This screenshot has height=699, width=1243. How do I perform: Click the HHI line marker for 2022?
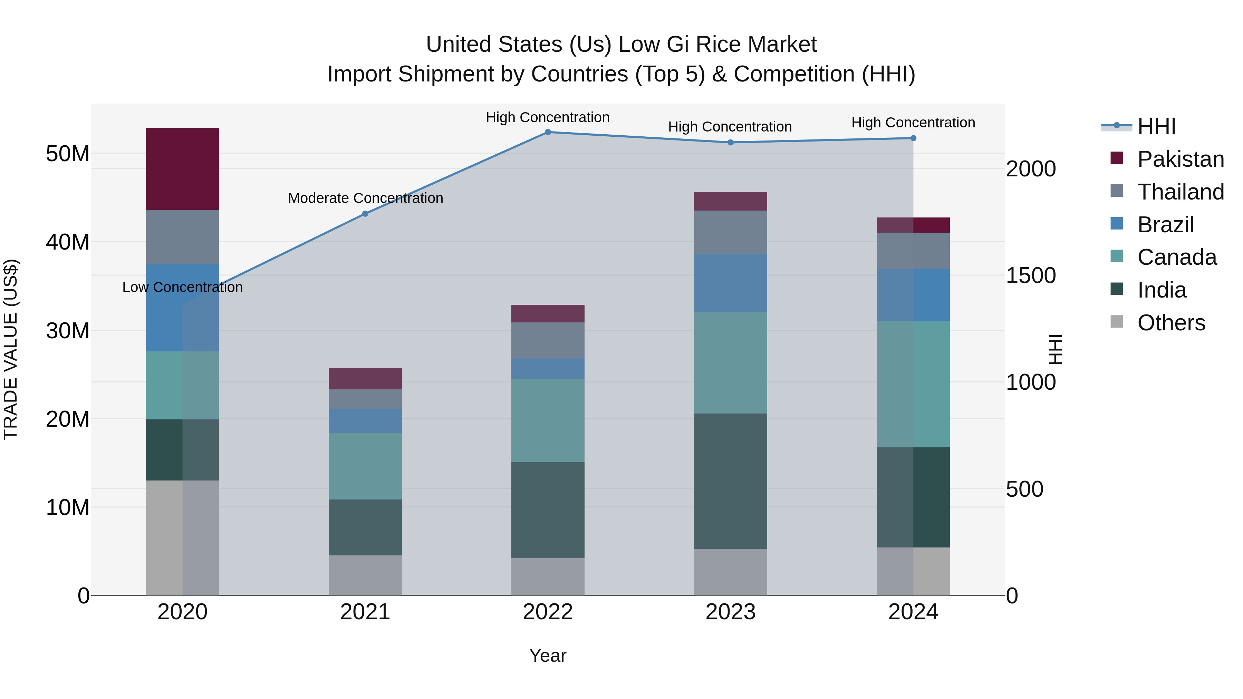(548, 132)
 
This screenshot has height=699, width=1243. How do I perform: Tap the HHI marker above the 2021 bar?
(365, 214)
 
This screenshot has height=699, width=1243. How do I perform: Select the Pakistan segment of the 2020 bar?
(182, 169)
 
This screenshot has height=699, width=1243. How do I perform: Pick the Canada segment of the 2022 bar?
(548, 421)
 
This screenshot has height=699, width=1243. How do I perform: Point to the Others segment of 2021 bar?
(365, 575)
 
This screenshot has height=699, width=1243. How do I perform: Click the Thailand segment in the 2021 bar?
(365, 399)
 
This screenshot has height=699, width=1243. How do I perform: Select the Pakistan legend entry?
(1180, 159)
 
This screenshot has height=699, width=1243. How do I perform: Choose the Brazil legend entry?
(1165, 225)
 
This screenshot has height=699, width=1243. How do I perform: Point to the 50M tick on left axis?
(68, 154)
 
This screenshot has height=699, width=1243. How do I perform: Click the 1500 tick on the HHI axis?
(1031, 275)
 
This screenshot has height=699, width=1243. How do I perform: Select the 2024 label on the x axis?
(913, 612)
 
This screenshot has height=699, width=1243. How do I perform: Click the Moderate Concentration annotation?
(365, 198)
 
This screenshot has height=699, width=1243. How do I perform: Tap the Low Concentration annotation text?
(182, 288)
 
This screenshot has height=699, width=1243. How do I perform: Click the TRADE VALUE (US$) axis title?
(11, 349)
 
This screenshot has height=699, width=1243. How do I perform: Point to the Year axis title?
(548, 656)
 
